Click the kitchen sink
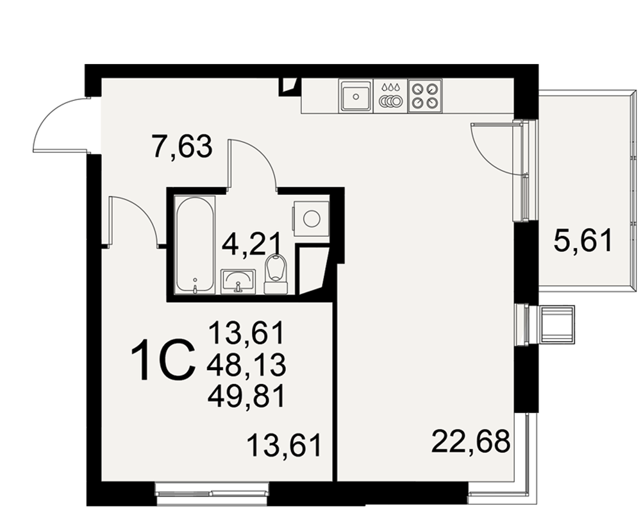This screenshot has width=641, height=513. tap(356, 96)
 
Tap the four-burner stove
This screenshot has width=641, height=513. tap(425, 96)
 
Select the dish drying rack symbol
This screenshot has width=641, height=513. tap(390, 96)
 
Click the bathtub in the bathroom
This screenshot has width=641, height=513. tap(195, 244)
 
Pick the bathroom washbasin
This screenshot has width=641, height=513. tap(238, 282)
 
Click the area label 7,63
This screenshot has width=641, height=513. tap(181, 147)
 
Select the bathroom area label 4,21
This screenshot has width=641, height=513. tap(251, 244)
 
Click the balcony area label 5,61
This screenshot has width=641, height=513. tap(583, 240)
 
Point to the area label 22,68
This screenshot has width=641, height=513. tap(471, 441)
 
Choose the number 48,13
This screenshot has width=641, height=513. tap(247, 365)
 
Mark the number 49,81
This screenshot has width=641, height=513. tap(246, 397)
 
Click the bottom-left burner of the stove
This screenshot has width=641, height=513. tap(417, 103)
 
